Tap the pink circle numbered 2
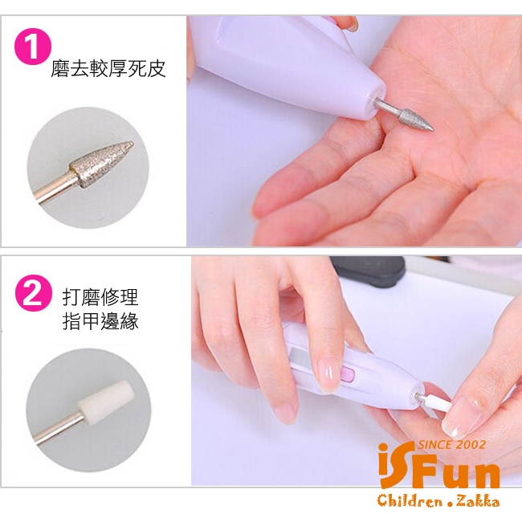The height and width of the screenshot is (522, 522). coord(33,293)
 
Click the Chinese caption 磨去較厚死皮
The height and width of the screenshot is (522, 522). coord(108,69)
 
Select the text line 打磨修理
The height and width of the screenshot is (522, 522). coord(100,297)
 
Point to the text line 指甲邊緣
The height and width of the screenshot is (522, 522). coord(100,321)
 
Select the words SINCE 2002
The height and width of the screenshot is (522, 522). coord(451,444)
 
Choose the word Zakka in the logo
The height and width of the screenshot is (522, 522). coord(478,500)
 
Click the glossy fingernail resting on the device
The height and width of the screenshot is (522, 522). coord(329,375)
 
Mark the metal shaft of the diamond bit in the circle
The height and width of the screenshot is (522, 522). coord(53,189)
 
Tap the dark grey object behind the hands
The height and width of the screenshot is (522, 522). coord(369,271)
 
